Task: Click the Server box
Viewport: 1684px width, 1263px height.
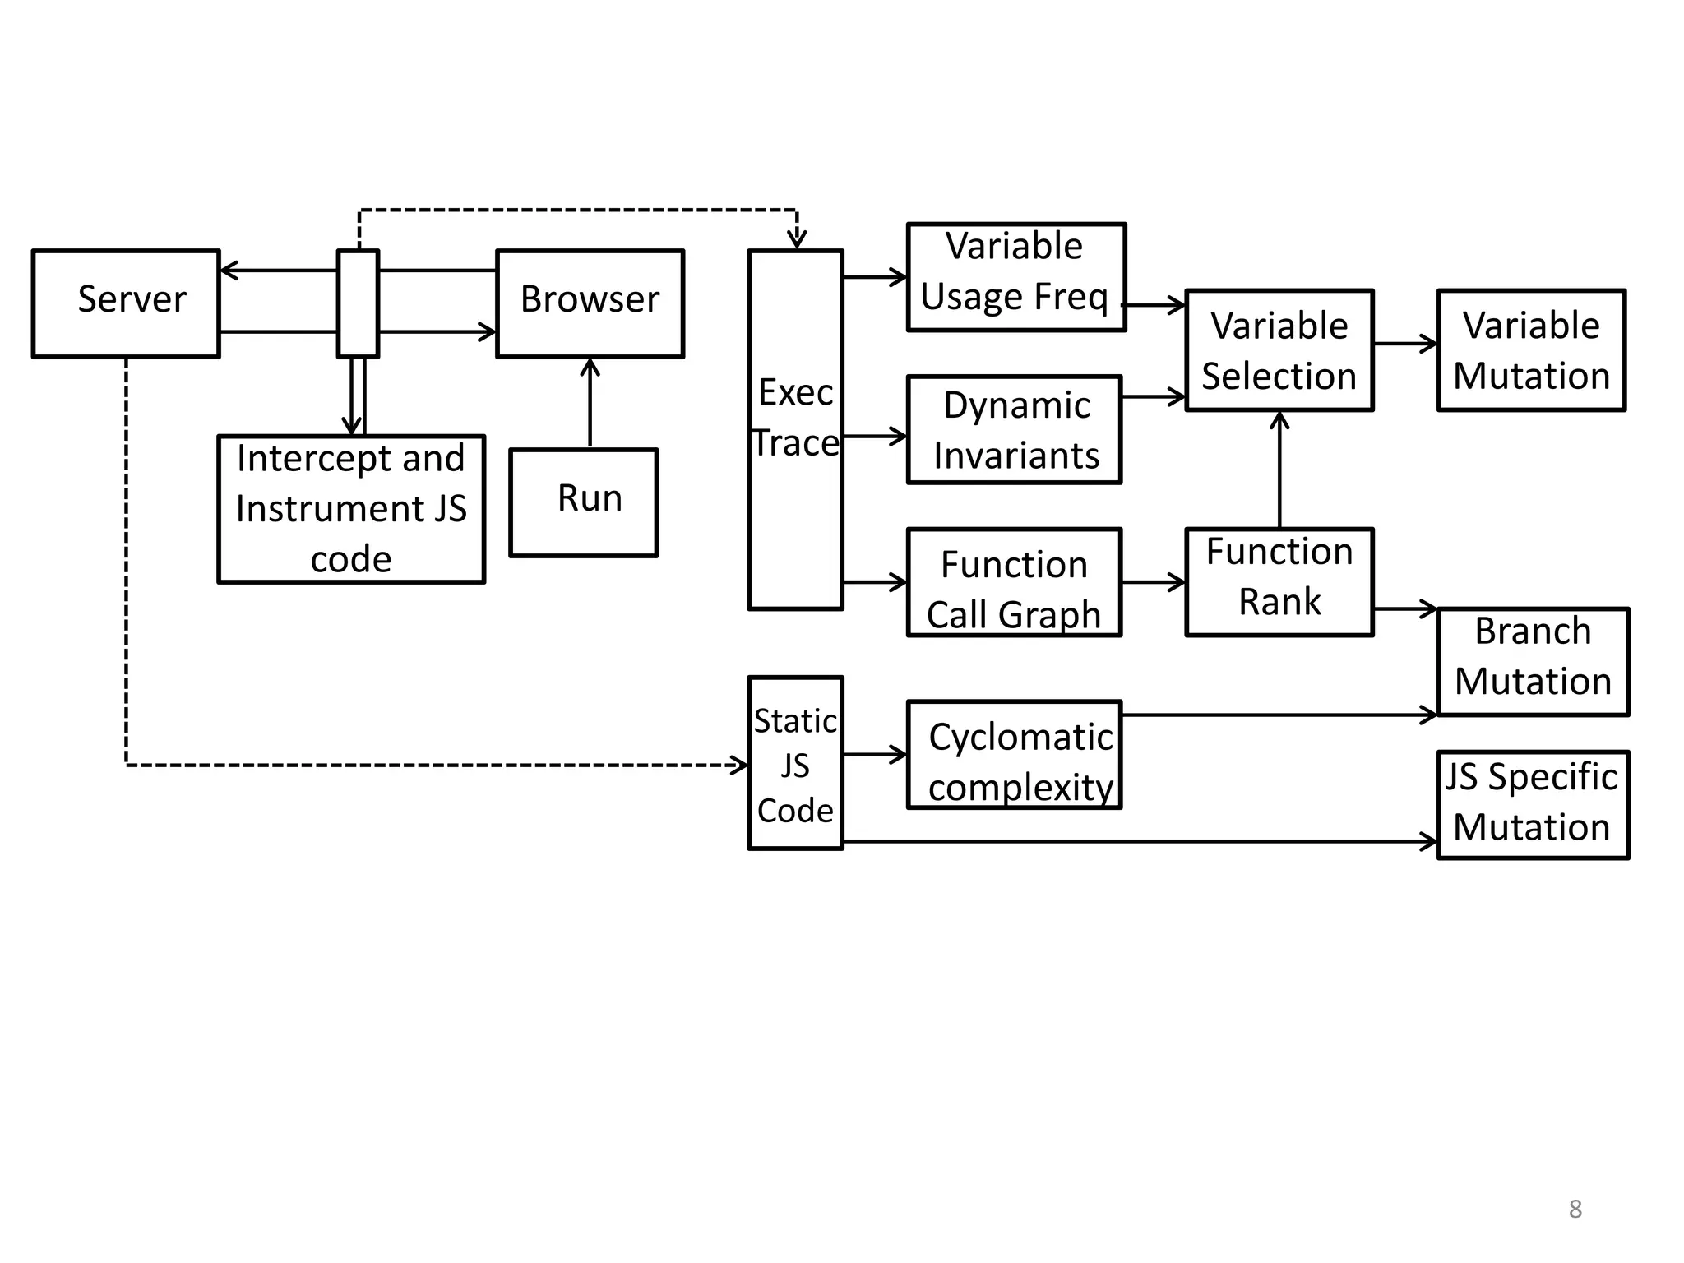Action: point(126,303)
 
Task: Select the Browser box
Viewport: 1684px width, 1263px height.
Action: point(590,303)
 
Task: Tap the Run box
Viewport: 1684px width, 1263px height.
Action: point(583,502)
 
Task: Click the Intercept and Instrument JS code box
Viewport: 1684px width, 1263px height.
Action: point(351,509)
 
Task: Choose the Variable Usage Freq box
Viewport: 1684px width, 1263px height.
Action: point(1015,276)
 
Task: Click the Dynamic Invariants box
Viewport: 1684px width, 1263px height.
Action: point(1014,429)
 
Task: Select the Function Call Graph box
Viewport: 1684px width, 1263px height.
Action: point(1014,582)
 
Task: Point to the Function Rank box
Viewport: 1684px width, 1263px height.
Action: point(1279,582)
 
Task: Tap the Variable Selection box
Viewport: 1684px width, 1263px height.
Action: point(1279,349)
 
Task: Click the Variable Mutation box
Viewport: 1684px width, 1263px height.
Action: point(1531,349)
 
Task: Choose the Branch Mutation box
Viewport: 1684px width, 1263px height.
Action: point(1533,662)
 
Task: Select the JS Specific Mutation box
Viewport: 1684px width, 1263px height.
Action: point(1533,804)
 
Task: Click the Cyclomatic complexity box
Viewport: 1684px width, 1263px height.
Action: point(1014,754)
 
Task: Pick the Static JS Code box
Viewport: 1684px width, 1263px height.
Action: point(795,763)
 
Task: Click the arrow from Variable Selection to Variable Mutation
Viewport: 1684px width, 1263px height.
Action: point(1404,344)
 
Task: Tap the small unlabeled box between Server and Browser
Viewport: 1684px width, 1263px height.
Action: point(358,303)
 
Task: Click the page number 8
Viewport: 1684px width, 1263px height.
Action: point(1575,1209)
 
